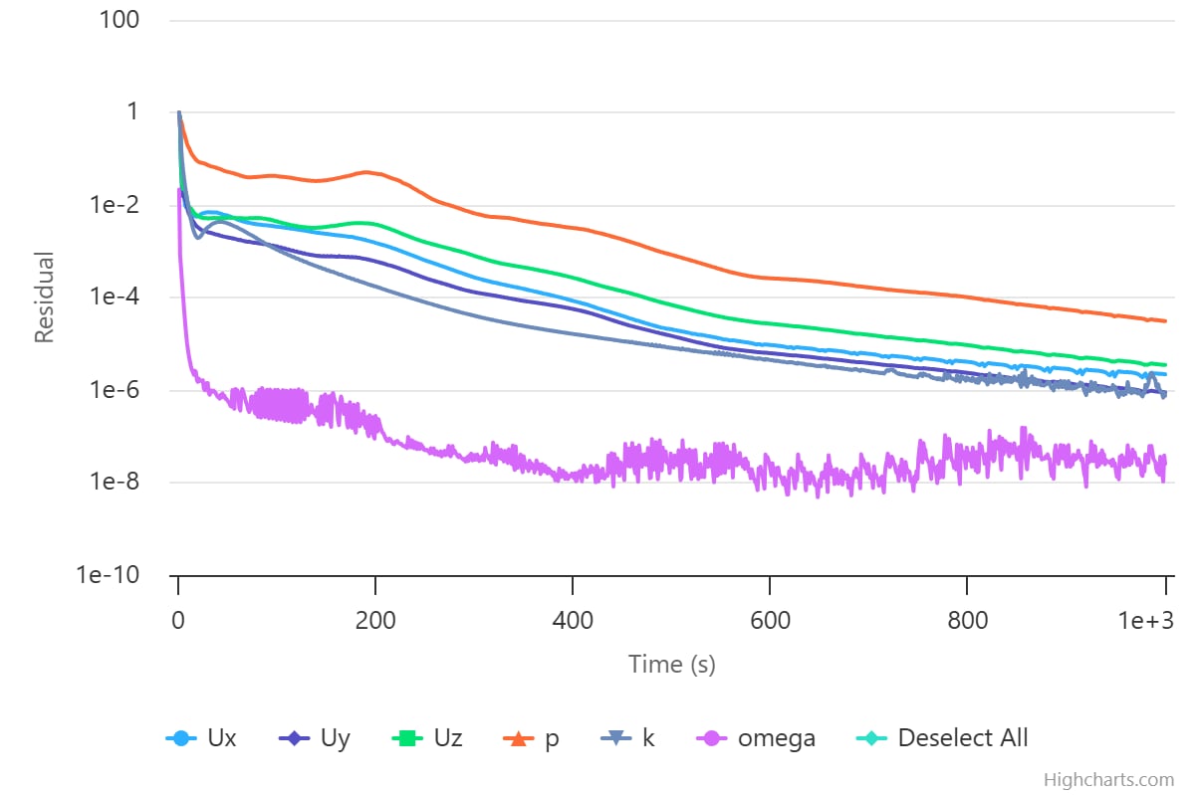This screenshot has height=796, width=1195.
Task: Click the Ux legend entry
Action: [201, 738]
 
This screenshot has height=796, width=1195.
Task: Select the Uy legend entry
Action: [315, 738]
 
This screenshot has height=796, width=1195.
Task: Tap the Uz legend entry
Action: [427, 738]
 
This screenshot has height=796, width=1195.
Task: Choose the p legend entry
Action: [532, 739]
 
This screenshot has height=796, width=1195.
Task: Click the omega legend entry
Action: [757, 739]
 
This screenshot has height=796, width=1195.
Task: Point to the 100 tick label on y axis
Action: [119, 20]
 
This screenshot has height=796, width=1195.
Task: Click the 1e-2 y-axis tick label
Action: [115, 205]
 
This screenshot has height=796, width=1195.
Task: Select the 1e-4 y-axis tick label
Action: [115, 297]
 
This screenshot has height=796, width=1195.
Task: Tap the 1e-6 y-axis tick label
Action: [115, 390]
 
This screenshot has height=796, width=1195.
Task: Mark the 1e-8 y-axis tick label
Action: [115, 482]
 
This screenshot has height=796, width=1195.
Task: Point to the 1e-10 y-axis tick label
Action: [108, 575]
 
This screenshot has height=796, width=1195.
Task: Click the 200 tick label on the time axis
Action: [375, 621]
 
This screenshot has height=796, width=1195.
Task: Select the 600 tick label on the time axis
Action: [770, 621]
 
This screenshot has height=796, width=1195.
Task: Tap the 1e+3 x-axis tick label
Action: [1145, 621]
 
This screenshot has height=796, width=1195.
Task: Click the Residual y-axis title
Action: [44, 297]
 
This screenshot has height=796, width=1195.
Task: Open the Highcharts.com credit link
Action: [1109, 780]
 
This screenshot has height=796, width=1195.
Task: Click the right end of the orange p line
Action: [1166, 321]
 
